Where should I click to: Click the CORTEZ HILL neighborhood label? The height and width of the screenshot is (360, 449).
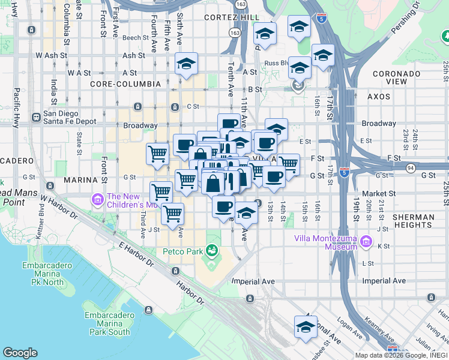click(x=232, y=17)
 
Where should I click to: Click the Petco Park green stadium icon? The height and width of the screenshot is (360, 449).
click(x=211, y=250)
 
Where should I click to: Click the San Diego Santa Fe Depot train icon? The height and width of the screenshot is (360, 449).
click(x=37, y=117)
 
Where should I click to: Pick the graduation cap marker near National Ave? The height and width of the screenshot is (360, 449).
click(x=306, y=328)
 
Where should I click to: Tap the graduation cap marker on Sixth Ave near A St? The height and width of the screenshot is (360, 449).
click(x=187, y=64)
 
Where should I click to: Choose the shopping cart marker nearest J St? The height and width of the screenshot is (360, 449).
click(x=173, y=214)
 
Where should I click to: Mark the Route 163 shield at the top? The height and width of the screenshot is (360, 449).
click(x=241, y=4)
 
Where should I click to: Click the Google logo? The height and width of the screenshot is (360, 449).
click(x=20, y=353)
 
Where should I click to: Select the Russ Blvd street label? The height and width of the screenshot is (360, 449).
click(x=277, y=62)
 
